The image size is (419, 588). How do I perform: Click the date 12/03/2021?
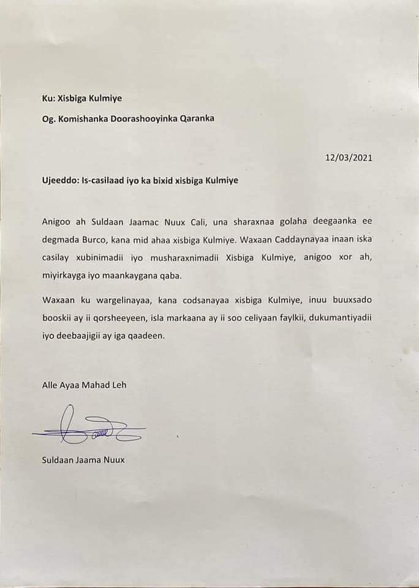(x=349, y=157)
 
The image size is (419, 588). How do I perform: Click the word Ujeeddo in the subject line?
(x=59, y=182)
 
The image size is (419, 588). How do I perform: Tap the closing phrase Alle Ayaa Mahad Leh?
(x=84, y=385)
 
